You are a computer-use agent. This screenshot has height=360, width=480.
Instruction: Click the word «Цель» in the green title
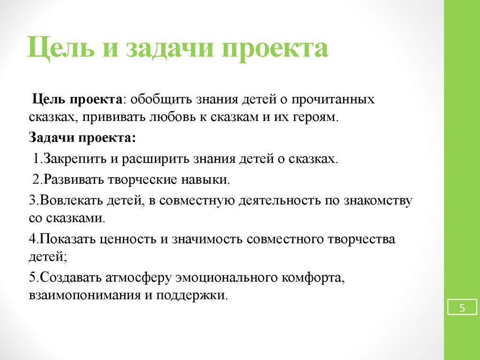[61, 48]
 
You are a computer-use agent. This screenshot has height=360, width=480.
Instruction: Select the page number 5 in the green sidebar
[462, 307]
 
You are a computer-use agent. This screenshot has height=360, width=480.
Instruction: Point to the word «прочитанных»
[333, 100]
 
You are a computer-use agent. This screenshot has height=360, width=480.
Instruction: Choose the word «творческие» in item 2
[142, 180]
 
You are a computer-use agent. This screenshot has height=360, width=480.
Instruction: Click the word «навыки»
[205, 180]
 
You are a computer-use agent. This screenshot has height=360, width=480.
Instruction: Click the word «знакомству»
[378, 201]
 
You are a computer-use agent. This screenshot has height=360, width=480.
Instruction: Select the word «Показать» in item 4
[67, 239]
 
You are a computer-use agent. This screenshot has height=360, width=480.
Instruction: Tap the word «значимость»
[208, 239]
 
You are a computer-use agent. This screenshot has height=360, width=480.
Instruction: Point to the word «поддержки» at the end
[192, 295]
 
